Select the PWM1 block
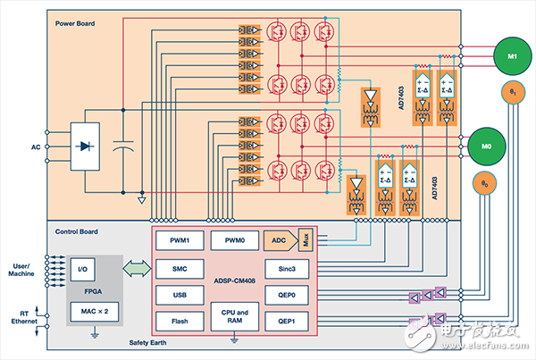point(178,240)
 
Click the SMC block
point(178,267)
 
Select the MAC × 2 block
point(92,309)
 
